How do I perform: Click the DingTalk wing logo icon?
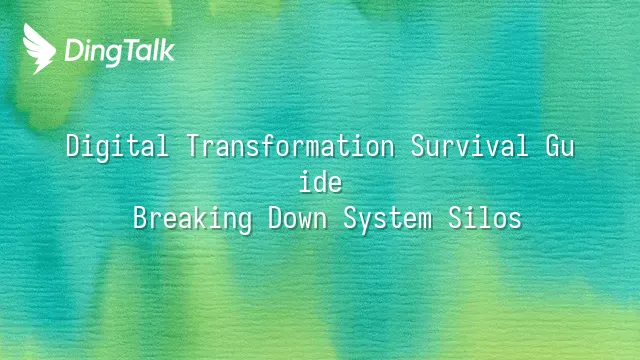tap(39, 49)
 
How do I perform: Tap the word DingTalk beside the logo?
tap(120, 52)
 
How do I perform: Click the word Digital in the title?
tap(117, 146)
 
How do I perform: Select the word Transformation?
tap(291, 146)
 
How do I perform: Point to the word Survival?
tap(469, 146)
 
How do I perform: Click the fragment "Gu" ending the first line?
tap(560, 146)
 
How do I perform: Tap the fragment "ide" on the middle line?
tap(320, 182)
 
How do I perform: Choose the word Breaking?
tap(193, 218)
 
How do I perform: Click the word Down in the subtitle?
tap(298, 218)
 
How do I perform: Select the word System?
tap(388, 219)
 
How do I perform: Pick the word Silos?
tap(485, 218)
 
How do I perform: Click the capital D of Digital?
tap(73, 146)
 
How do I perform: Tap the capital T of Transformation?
tap(194, 146)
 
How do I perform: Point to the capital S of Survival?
tap(418, 146)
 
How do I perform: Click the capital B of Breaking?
tap(140, 218)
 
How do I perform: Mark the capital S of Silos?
tap(456, 218)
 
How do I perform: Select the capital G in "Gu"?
tap(553, 146)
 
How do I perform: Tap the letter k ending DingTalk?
tap(167, 49)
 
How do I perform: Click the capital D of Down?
tap(276, 218)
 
